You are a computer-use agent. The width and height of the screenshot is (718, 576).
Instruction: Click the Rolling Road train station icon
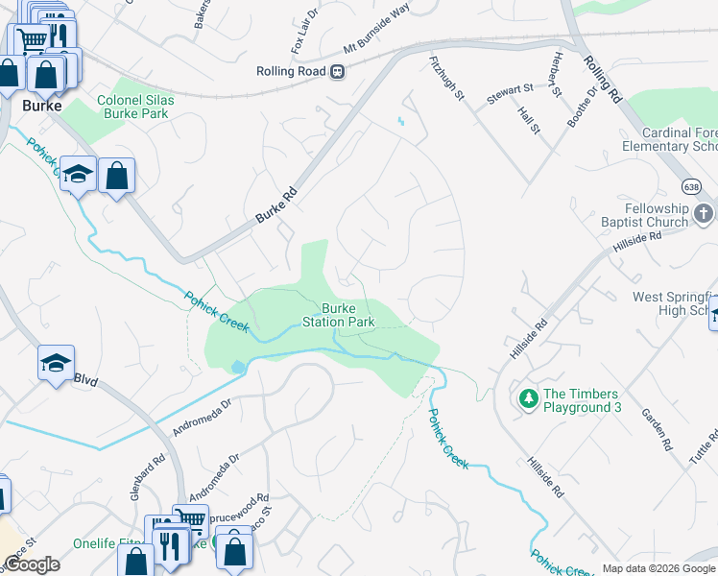(337, 71)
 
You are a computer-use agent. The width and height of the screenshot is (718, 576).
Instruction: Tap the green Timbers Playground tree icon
(527, 397)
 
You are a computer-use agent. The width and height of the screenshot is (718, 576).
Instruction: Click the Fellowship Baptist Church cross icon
(704, 213)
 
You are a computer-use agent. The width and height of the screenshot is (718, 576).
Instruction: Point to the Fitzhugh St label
(446, 78)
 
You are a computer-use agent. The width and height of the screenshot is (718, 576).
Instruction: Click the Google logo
(32, 565)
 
